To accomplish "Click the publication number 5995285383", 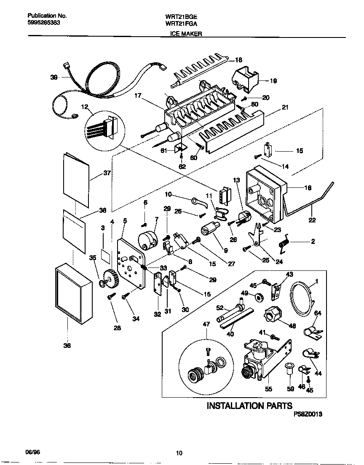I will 40,23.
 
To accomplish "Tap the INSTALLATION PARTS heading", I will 249,406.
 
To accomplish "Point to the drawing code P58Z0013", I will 308,414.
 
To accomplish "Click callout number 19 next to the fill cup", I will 273,81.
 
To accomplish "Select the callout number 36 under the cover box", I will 67,345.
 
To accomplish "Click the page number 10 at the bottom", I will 179,453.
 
